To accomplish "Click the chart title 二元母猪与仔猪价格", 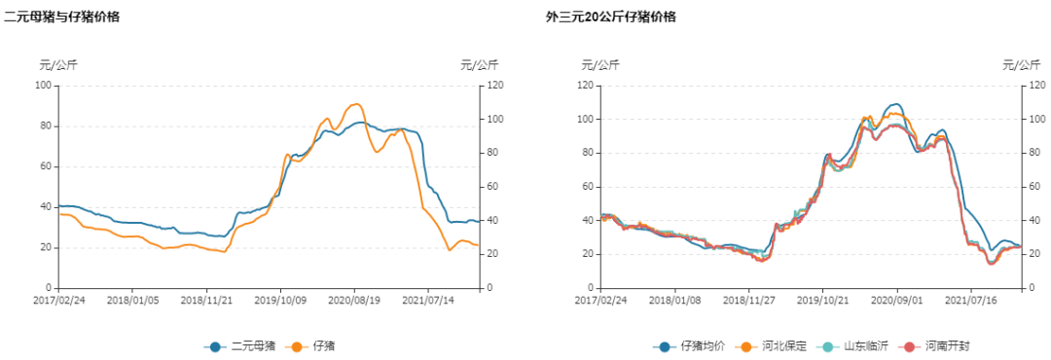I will (x=62, y=17).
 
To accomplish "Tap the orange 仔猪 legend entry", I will (x=313, y=346).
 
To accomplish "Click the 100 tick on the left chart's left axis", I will (x=43, y=86).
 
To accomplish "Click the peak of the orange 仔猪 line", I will (x=357, y=104).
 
